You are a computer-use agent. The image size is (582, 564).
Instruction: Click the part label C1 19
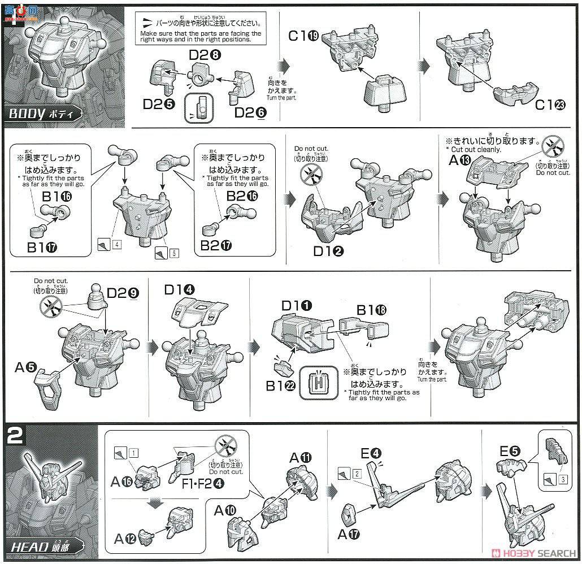(303, 36)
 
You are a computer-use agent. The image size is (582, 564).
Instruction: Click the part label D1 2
(328, 251)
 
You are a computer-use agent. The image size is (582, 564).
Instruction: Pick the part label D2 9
(121, 293)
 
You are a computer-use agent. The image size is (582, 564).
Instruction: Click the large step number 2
(16, 436)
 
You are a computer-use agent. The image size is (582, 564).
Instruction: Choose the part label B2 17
(216, 246)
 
